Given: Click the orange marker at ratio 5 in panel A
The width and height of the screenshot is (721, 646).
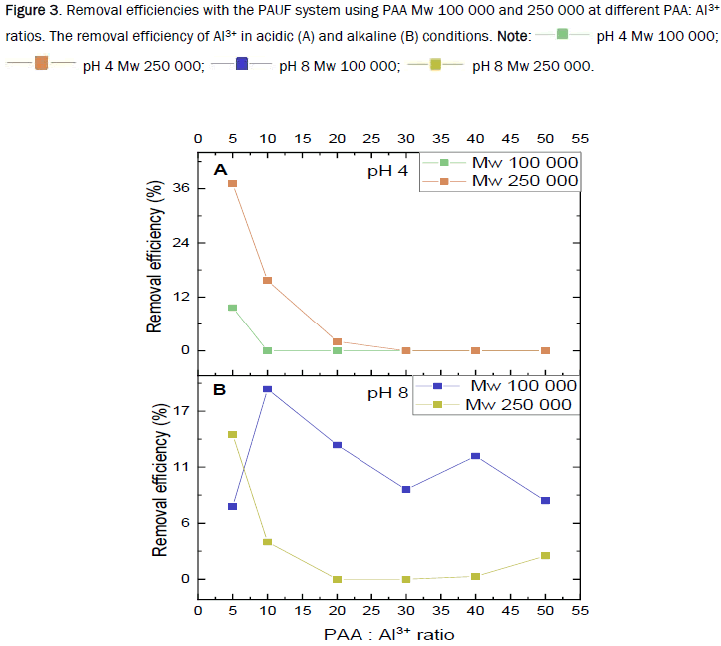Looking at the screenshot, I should [232, 184].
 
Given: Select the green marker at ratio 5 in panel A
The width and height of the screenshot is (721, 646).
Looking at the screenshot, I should [232, 308].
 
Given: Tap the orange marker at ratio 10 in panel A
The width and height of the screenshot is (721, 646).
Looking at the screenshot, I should [267, 281].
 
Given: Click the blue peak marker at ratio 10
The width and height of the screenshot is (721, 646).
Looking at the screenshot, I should [267, 389].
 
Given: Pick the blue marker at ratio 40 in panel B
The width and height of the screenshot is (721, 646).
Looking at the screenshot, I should [475, 456].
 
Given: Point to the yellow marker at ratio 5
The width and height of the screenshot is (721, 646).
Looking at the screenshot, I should [232, 435].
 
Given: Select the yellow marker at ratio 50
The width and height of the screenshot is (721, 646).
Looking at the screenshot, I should [545, 555].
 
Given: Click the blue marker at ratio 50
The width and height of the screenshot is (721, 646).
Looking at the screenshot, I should [545, 500].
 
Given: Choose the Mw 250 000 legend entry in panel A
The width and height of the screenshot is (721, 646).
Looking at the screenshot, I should [524, 181].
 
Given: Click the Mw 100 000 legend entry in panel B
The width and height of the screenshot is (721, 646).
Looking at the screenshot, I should [523, 386].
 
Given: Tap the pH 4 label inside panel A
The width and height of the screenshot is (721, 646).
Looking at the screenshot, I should [387, 172].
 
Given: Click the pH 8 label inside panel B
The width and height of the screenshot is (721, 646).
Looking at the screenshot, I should [387, 393].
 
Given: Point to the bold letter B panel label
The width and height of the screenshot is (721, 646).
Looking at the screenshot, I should [218, 389].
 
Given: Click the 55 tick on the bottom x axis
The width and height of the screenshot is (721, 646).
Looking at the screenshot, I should [580, 609].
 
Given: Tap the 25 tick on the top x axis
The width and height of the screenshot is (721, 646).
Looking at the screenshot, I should [370, 138].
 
